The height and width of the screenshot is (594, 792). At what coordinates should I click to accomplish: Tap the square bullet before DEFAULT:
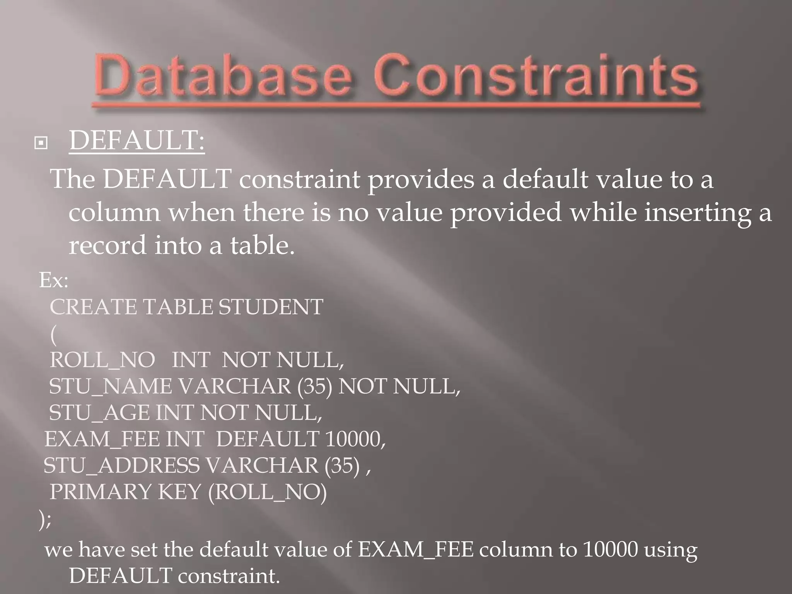[x=41, y=143]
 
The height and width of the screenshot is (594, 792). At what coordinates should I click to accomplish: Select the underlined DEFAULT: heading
[x=137, y=141]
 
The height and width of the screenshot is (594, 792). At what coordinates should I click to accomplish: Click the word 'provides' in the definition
[x=421, y=180]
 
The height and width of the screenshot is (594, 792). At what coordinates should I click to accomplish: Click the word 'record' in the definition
[x=108, y=246]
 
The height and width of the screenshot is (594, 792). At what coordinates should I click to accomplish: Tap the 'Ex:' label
[x=54, y=280]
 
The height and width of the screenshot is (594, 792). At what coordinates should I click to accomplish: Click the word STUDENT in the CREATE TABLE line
[x=271, y=307]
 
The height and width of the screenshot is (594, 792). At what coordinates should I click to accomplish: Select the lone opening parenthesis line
[x=53, y=334]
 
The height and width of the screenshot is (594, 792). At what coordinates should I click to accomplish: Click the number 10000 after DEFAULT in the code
[x=354, y=439]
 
